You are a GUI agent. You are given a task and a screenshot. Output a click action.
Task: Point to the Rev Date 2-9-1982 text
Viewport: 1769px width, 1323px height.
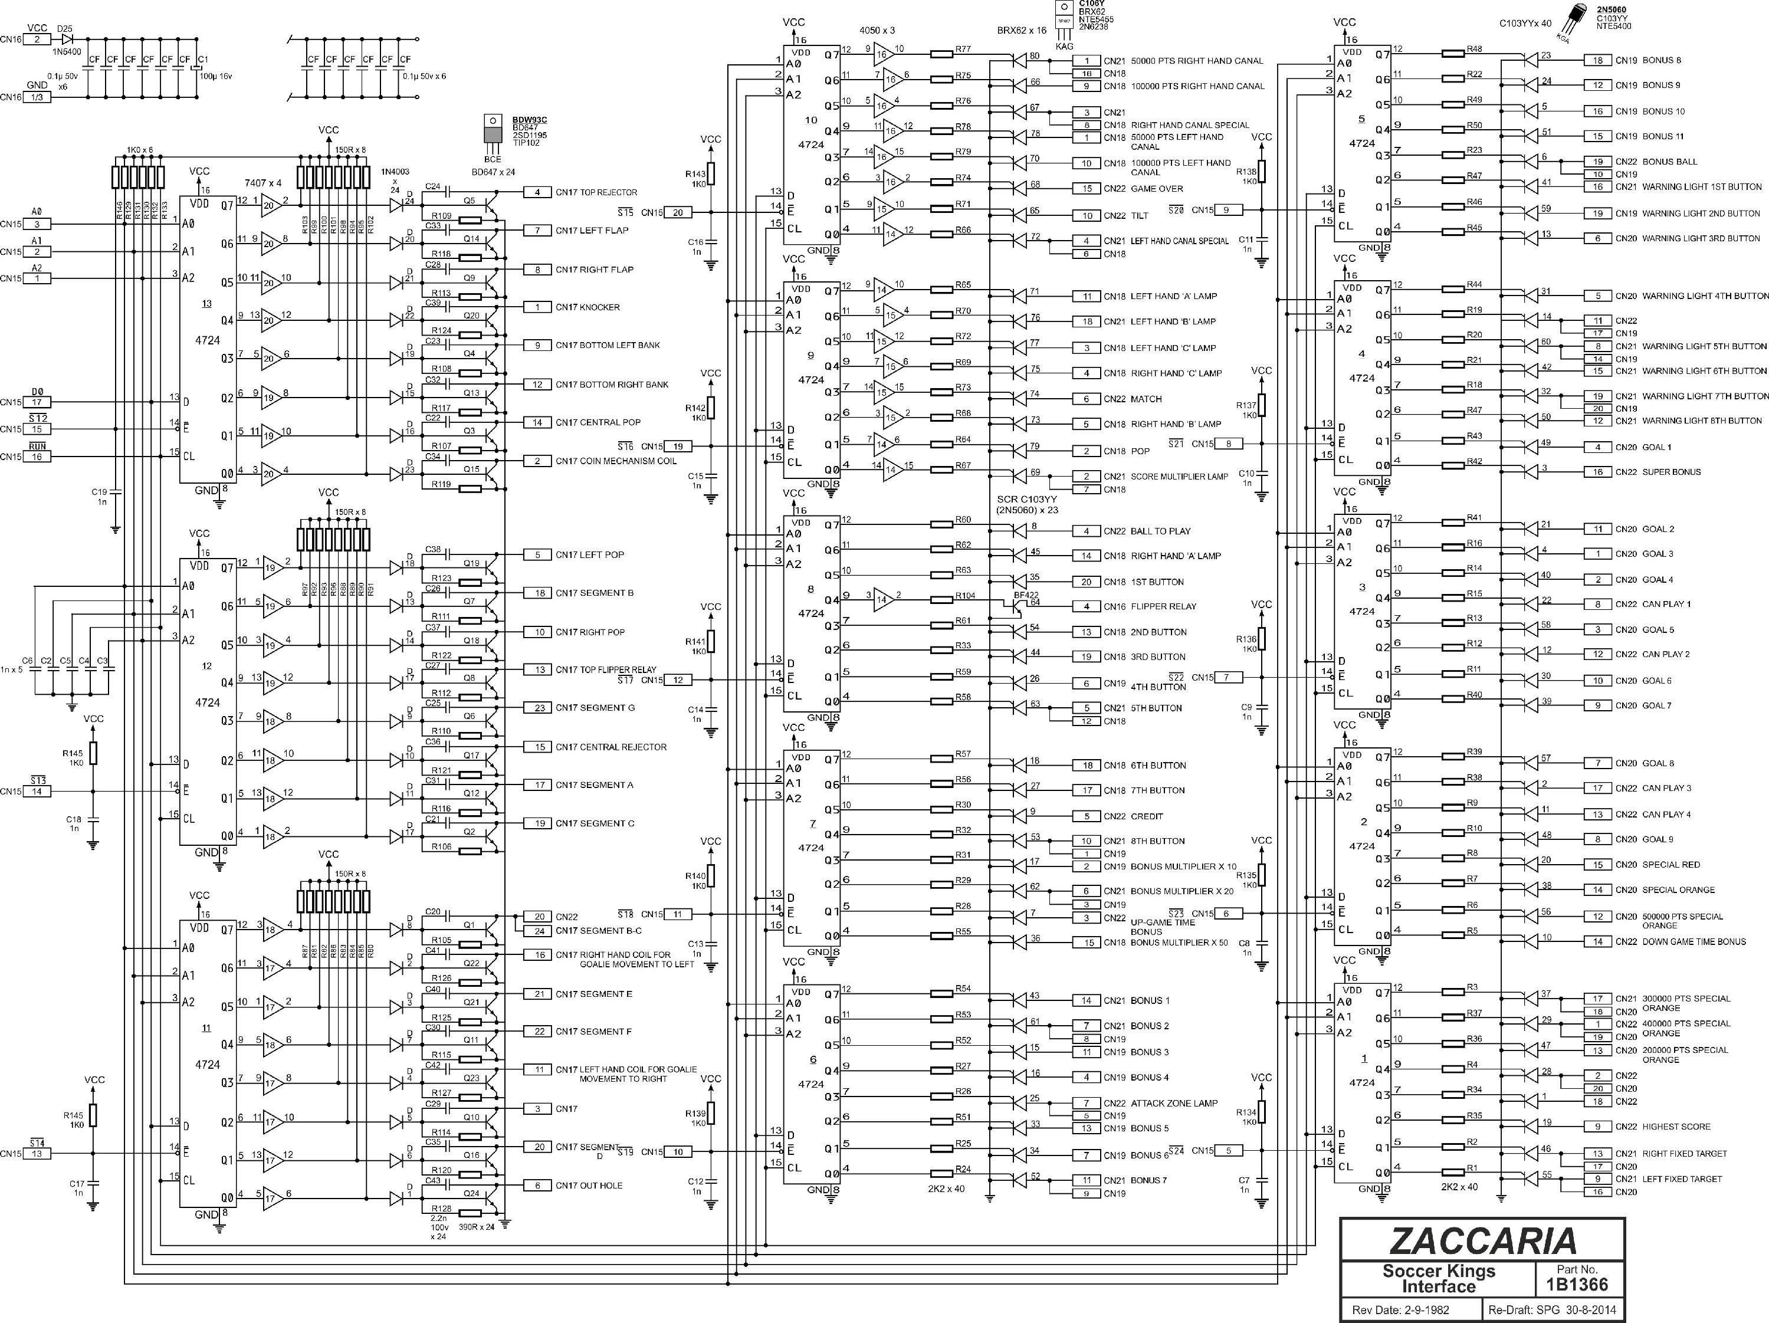pyautogui.click(x=1400, y=1310)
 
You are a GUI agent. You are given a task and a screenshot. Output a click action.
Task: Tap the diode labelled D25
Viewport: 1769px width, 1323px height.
pyautogui.click(x=67, y=38)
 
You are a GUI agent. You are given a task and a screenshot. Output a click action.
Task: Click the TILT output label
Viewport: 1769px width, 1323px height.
pyautogui.click(x=1140, y=216)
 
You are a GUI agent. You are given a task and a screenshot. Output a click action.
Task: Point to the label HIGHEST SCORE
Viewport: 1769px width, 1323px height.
pyautogui.click(x=1676, y=1126)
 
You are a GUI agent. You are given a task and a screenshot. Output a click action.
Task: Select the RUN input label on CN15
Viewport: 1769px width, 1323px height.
pyautogui.click(x=37, y=445)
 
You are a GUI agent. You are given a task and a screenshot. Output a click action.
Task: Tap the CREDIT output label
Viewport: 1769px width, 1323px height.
pyautogui.click(x=1147, y=816)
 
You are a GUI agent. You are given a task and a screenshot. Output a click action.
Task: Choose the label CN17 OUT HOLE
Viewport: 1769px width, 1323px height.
pyautogui.click(x=589, y=1186)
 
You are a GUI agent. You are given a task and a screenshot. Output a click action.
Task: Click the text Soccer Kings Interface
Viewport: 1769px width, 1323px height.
pyautogui.click(x=1439, y=1279)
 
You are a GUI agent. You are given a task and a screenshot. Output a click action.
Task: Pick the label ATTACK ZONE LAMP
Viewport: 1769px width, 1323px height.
pyautogui.click(x=1174, y=1103)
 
